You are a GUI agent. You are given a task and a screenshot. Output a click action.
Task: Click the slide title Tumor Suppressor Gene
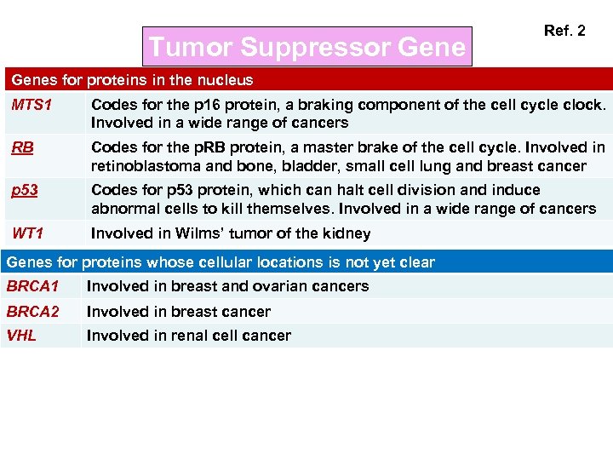coord(307,46)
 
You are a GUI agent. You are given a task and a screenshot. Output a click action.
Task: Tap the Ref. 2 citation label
coord(564,31)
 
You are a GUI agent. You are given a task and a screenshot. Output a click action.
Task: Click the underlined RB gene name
coord(23,147)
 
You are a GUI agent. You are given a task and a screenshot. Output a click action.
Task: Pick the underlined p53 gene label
coord(25,190)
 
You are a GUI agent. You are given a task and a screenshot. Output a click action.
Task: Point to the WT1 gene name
coord(28,233)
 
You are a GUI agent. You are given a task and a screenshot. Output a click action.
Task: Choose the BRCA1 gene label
coord(32,286)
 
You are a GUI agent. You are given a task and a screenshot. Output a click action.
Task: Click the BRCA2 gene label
coord(32,312)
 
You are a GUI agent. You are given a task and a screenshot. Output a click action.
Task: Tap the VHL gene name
coord(21,336)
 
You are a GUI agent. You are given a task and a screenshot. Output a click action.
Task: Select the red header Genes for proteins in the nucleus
coord(132,80)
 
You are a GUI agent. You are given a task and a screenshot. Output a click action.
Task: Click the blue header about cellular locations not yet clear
coord(221,262)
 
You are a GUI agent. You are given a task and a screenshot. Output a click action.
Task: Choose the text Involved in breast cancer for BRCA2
coord(179,312)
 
